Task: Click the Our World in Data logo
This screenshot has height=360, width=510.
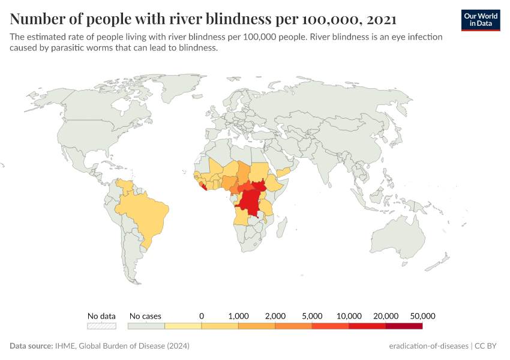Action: [x=481, y=20]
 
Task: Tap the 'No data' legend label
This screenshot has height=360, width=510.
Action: [x=101, y=316]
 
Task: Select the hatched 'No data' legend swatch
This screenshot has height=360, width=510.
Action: [x=101, y=326]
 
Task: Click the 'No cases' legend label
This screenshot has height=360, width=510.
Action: [x=145, y=316]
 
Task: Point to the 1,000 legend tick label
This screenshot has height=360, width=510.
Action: [x=238, y=316]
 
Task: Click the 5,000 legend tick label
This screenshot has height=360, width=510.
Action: [x=312, y=316]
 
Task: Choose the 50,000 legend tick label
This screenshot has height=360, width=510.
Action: [x=422, y=316]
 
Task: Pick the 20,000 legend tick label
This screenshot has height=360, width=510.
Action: [x=386, y=316]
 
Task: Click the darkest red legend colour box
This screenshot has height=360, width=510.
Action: [x=404, y=326]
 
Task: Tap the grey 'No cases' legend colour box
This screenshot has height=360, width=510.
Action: [x=146, y=326]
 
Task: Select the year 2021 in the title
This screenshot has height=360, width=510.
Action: [x=380, y=19]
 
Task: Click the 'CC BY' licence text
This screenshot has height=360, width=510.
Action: [x=488, y=346]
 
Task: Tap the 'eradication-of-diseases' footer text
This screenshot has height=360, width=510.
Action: [x=428, y=346]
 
